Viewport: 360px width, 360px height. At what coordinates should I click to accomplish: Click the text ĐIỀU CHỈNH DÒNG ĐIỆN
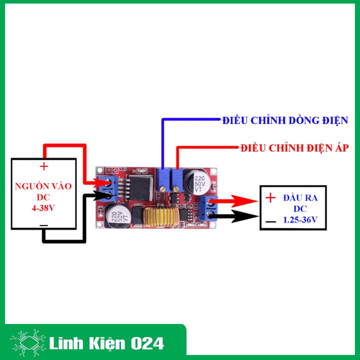coord(285,120)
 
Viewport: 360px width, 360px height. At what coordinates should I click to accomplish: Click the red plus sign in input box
coord(44,166)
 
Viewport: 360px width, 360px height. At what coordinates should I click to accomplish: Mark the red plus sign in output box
coord(270,198)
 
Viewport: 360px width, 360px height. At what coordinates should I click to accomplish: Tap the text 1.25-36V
coord(300,218)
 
